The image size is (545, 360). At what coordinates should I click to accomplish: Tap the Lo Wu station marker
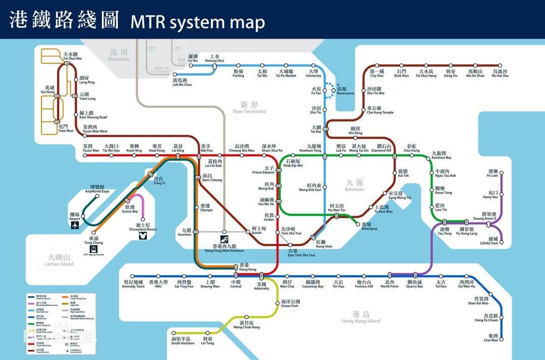(x=191, y=65)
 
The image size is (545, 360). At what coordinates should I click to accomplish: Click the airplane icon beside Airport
(x=75, y=225)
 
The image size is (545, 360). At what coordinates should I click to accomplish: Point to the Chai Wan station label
(x=490, y=338)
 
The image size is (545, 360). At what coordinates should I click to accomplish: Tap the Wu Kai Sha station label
(x=500, y=74)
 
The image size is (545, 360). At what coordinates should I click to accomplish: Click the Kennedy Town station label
(x=133, y=284)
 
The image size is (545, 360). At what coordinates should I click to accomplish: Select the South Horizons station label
(x=183, y=341)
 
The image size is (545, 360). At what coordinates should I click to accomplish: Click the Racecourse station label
(x=345, y=91)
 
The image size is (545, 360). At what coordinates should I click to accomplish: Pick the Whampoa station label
(x=369, y=226)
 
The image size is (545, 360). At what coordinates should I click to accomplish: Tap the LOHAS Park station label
(x=489, y=241)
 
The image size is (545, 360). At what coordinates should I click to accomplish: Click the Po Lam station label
(x=492, y=173)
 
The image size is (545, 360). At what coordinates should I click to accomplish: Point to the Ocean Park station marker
(x=277, y=303)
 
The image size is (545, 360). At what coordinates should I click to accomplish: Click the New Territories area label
(x=249, y=107)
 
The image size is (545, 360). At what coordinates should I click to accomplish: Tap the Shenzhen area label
(x=119, y=55)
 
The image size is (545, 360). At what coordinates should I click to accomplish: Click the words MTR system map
(x=197, y=22)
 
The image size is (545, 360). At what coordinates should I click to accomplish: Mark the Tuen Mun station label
(x=66, y=129)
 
